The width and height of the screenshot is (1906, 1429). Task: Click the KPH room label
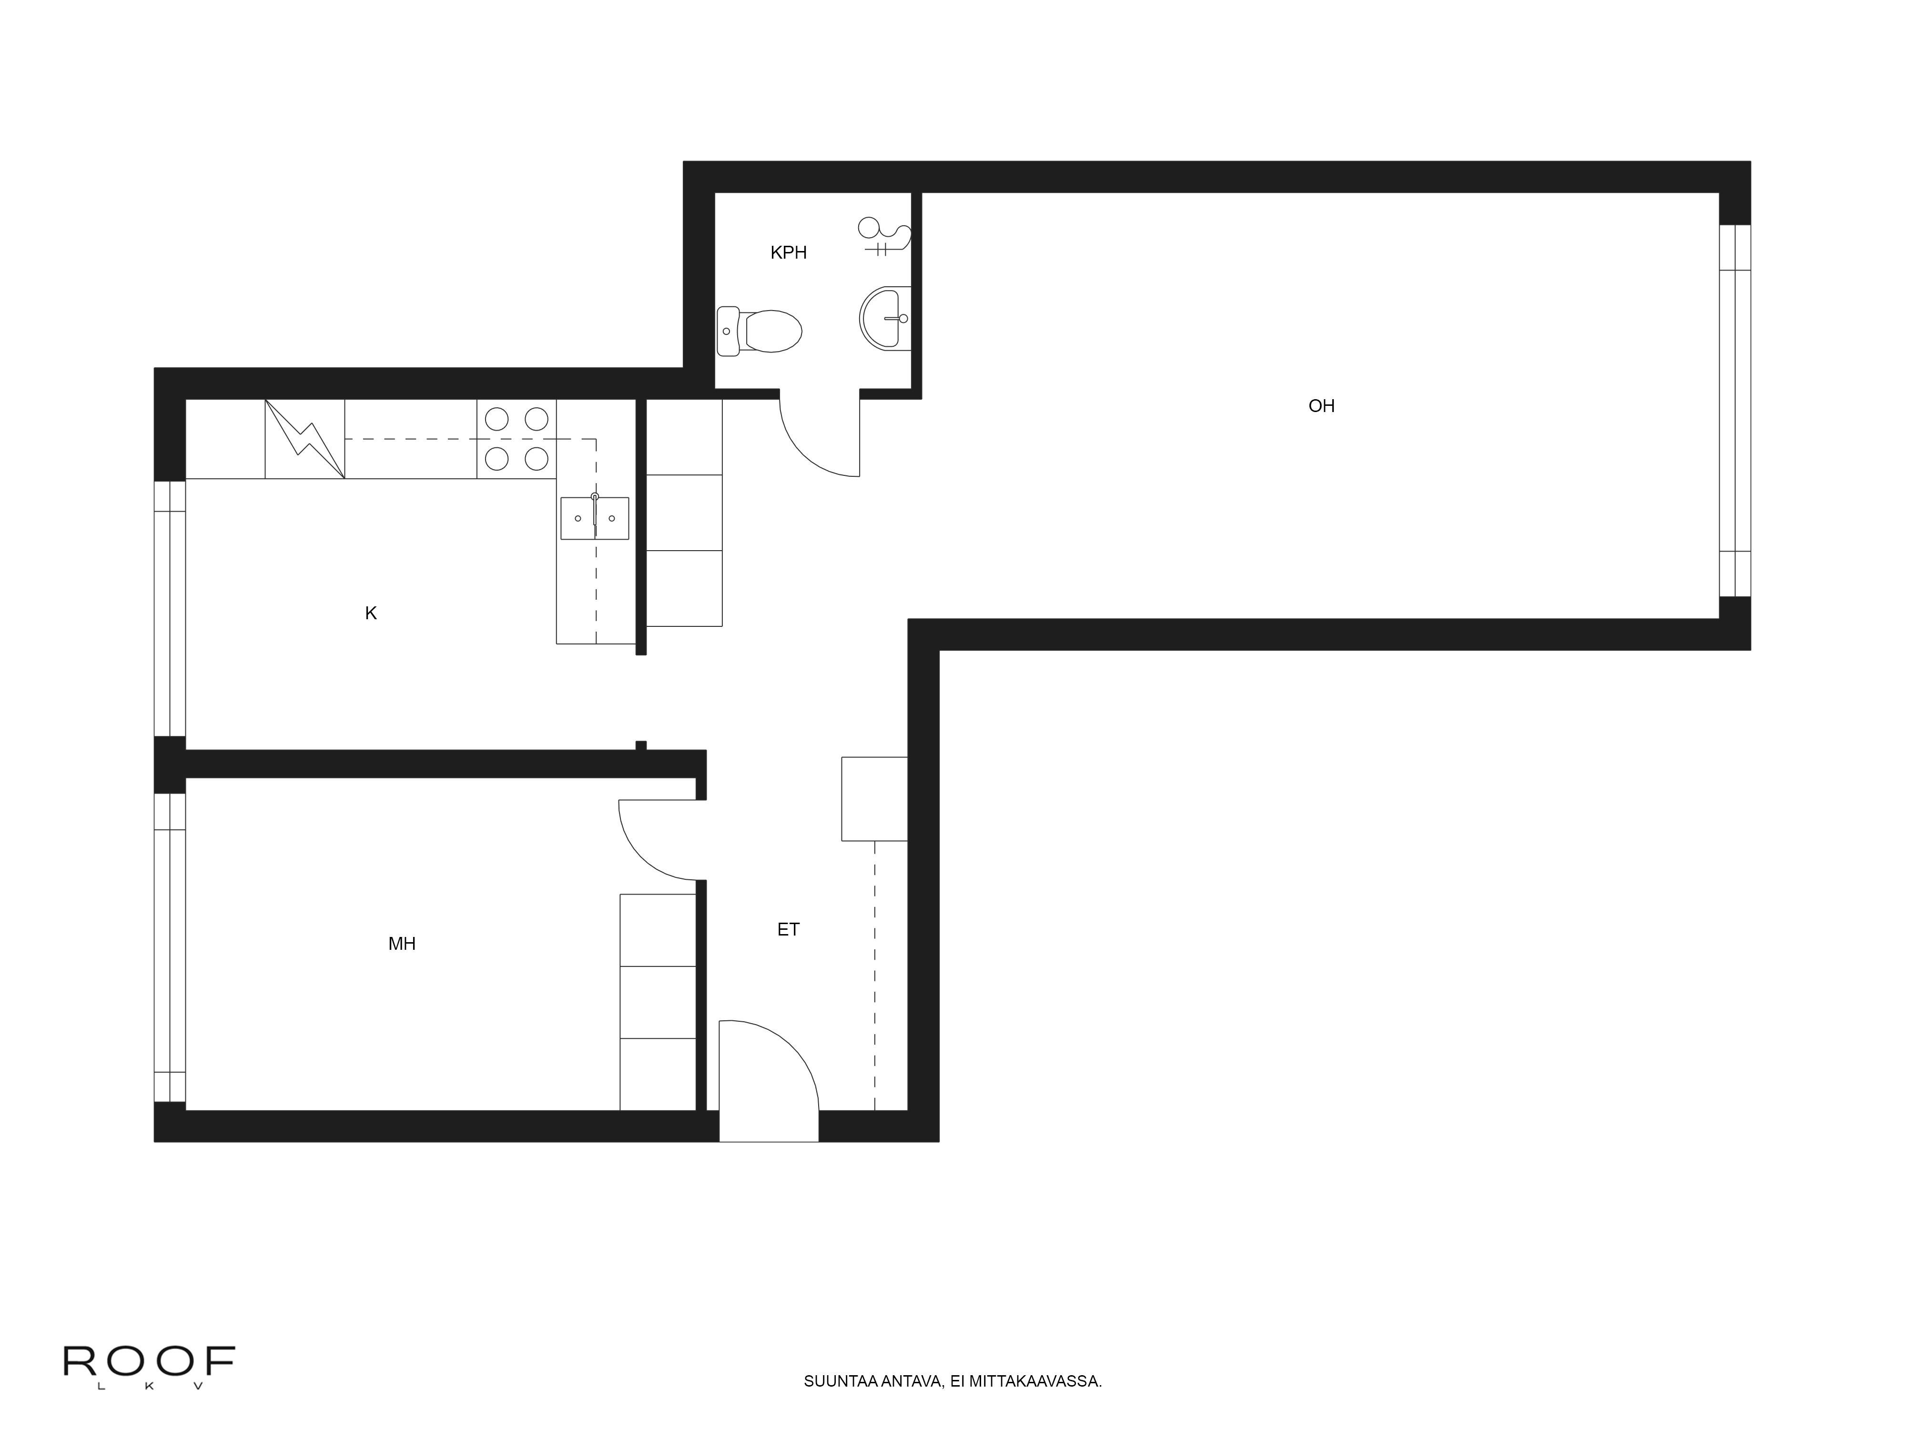pyautogui.click(x=789, y=252)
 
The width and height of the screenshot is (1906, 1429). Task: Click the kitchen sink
pyautogui.click(x=595, y=518)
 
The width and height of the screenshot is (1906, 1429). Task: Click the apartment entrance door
pyautogui.click(x=769, y=1081)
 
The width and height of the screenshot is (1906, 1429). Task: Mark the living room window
pyautogui.click(x=1734, y=411)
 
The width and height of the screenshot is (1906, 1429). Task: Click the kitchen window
pyautogui.click(x=170, y=608)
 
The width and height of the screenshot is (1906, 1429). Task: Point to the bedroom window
pyautogui.click(x=170, y=947)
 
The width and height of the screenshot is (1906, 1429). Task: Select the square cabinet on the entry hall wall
pyautogui.click(x=874, y=798)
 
